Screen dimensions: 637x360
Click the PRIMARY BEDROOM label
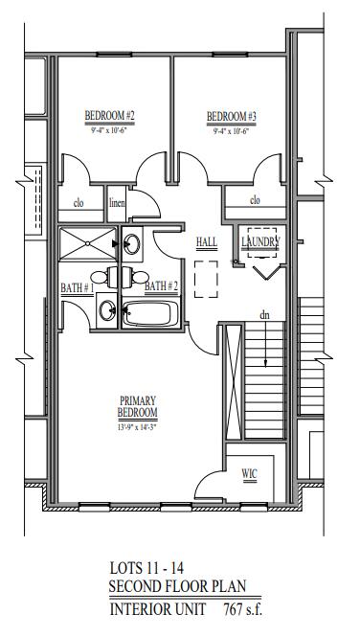pyautogui.click(x=138, y=406)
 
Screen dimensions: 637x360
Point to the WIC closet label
pyautogui.click(x=249, y=473)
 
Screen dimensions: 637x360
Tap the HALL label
pyautogui.click(x=205, y=242)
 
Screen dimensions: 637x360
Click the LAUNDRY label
pyautogui.click(x=259, y=243)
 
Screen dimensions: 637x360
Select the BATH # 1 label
pyautogui.click(x=76, y=286)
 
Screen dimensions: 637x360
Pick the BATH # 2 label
pyautogui.click(x=162, y=285)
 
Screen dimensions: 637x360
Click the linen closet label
pyautogui.click(x=117, y=203)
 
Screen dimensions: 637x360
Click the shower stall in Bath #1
pyautogui.click(x=87, y=246)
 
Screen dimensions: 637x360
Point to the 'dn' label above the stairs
pyautogui.click(x=262, y=314)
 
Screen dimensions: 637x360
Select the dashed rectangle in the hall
pyautogui.click(x=206, y=284)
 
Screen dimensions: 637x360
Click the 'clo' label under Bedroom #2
pyautogui.click(x=79, y=203)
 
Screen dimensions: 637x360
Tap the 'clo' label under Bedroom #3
pyautogui.click(x=255, y=200)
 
